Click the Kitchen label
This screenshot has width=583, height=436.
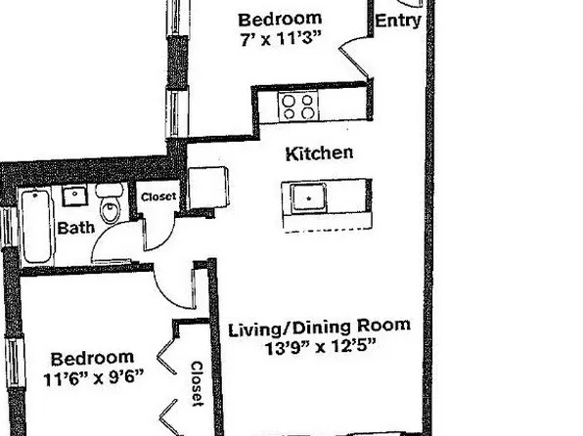(x=319, y=153)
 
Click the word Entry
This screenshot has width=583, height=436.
(x=398, y=20)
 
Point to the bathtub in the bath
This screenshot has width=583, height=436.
(x=37, y=228)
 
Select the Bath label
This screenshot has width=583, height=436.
(x=74, y=229)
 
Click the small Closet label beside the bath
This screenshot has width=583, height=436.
(x=158, y=196)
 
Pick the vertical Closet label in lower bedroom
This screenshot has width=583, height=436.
(x=196, y=384)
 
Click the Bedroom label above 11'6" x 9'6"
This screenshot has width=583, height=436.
(x=92, y=358)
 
